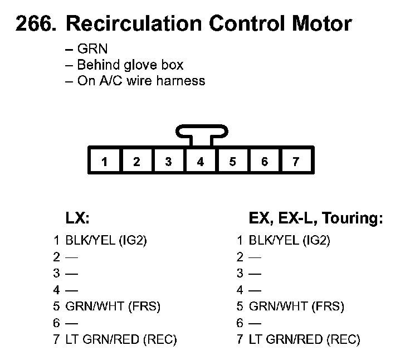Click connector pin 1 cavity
pos(104,162)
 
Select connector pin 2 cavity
pos(136,162)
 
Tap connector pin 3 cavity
pos(168,162)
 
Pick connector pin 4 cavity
pos(201,162)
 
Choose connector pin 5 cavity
pos(232,162)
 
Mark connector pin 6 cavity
pos(265,162)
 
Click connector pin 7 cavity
pos(296,162)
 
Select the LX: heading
pos(78,218)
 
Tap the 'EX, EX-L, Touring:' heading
pos(316,218)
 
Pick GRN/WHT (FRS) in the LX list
pos(113,306)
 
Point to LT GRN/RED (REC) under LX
pos(121,339)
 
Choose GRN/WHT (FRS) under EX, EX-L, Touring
pos(296,306)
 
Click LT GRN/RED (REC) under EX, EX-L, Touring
pos(305,339)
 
